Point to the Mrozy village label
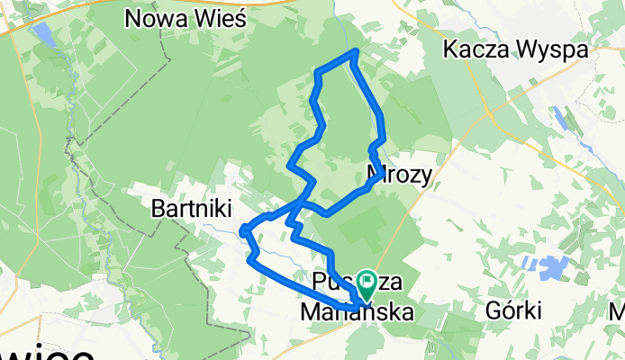pyautogui.click(x=401, y=172)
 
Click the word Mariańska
pyautogui.click(x=357, y=312)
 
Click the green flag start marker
pyautogui.click(x=367, y=282)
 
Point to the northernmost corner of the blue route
pyautogui.click(x=358, y=50)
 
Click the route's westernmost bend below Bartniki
pyautogui.click(x=244, y=231)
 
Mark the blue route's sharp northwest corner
pyautogui.click(x=316, y=71)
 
